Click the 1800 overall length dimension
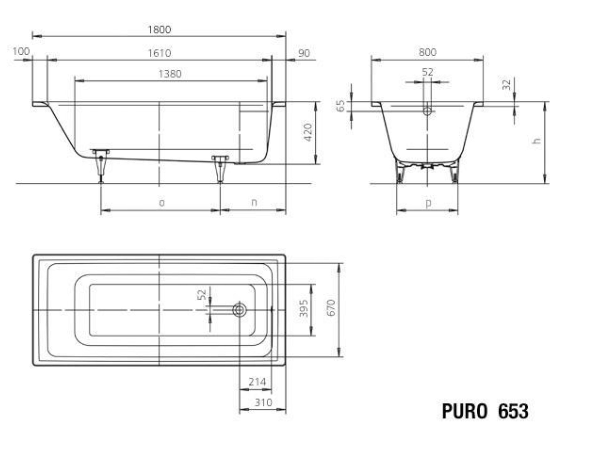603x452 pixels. pyautogui.click(x=160, y=30)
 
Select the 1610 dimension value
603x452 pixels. pyautogui.click(x=160, y=53)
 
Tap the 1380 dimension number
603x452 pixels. pyautogui.click(x=170, y=74)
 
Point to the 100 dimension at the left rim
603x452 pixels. pyautogui.click(x=21, y=51)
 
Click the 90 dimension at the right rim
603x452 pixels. pyautogui.click(x=304, y=53)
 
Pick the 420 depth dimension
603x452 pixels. pyautogui.click(x=308, y=132)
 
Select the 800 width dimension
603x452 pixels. pyautogui.click(x=427, y=52)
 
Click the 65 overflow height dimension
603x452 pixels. pyautogui.click(x=340, y=105)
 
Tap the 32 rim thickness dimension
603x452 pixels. pyautogui.click(x=507, y=84)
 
